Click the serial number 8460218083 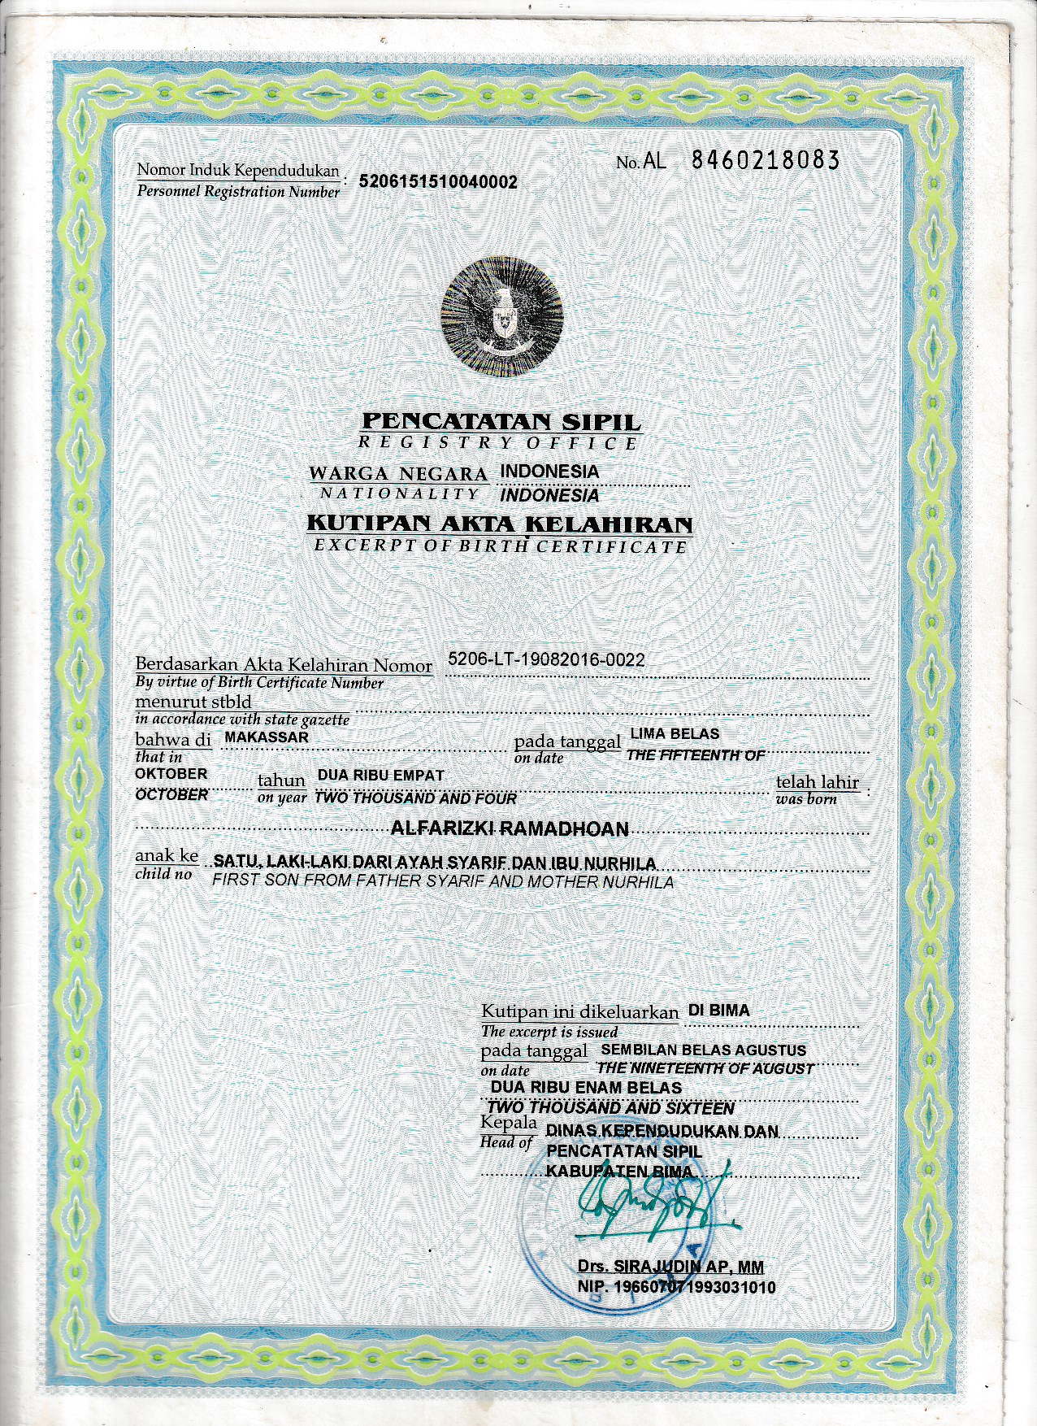(765, 160)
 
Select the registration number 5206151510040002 (438, 182)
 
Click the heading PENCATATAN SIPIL (501, 422)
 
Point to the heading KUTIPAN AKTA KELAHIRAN (499, 524)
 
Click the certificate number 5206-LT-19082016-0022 (546, 659)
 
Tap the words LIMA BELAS (675, 733)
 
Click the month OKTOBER (171, 774)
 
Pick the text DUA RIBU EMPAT (380, 776)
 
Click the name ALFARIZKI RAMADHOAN (510, 829)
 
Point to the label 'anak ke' (167, 856)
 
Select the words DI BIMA (718, 1011)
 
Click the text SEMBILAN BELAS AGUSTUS (703, 1050)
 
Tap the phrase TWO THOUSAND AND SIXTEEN (610, 1108)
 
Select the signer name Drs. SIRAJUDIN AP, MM (670, 1267)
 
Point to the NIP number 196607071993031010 (676, 1287)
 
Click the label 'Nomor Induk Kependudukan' (237, 171)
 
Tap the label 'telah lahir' (817, 782)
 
